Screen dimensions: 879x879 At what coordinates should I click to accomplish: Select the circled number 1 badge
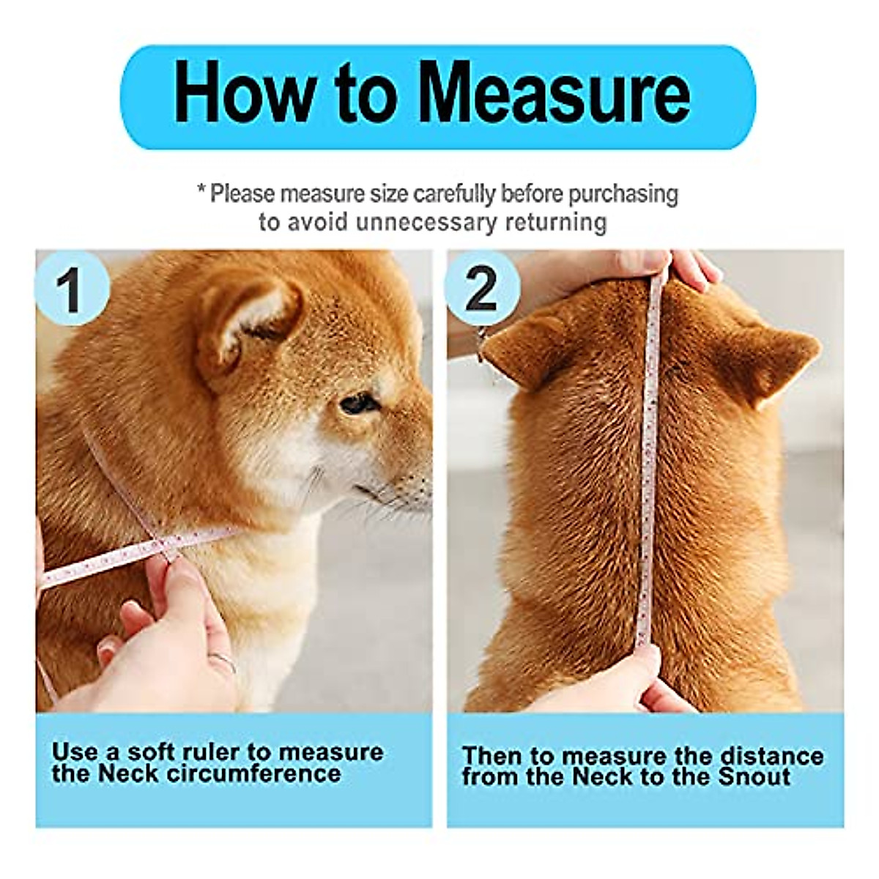pyautogui.click(x=71, y=289)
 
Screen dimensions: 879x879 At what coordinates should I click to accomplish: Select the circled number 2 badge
pyautogui.click(x=482, y=289)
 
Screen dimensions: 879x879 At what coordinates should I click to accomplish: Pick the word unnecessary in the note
pyautogui.click(x=425, y=221)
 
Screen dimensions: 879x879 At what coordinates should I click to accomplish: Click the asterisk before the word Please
pyautogui.click(x=201, y=192)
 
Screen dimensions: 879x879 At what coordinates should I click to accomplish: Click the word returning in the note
pyautogui.click(x=554, y=221)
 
